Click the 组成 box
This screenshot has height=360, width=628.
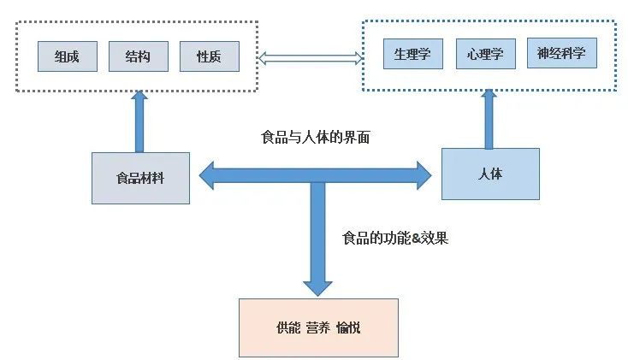point(68,56)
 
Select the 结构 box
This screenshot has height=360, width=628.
point(139,56)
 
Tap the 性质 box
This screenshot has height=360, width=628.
point(210,56)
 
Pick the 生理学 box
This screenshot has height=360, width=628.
point(412,55)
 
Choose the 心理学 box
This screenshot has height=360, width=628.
point(485,55)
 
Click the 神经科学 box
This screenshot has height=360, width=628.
point(561,53)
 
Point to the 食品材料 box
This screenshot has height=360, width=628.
point(140,178)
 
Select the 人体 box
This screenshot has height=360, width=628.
point(490,174)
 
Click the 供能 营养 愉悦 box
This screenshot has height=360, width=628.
point(318,328)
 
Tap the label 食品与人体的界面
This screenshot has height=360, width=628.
point(316,137)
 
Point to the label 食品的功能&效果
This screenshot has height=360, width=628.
point(394,239)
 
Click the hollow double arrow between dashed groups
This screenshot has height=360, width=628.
point(311,58)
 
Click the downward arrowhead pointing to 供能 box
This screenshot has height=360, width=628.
point(318,286)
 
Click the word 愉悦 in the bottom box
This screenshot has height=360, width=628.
point(348,328)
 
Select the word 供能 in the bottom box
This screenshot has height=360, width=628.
point(288,328)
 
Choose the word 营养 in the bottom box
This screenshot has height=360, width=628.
point(318,328)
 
